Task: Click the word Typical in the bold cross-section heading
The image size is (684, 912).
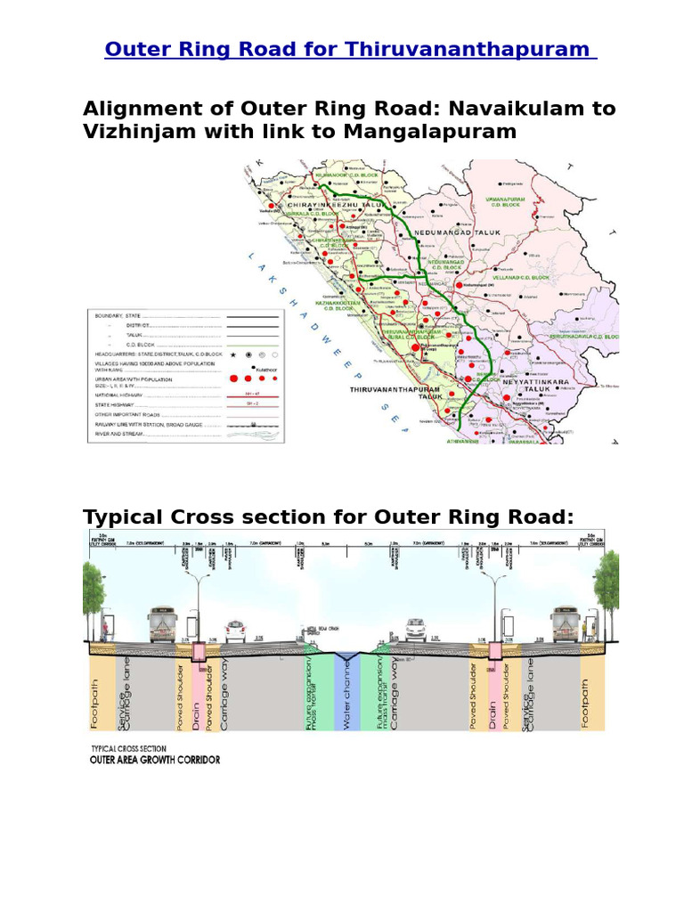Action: (x=127, y=517)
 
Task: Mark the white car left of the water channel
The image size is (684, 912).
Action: (x=235, y=630)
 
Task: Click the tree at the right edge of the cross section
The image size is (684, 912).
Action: (x=608, y=583)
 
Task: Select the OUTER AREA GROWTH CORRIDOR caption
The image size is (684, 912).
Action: (x=155, y=760)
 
